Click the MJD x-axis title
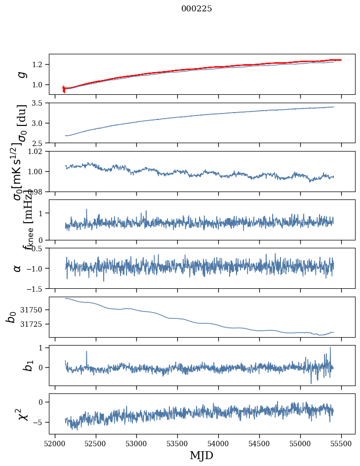click(x=201, y=456)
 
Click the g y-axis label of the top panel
click(x=21, y=74)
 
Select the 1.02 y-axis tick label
click(x=36, y=152)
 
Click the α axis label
click(x=17, y=268)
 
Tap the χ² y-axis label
click(x=19, y=414)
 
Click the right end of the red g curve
click(x=341, y=60)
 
